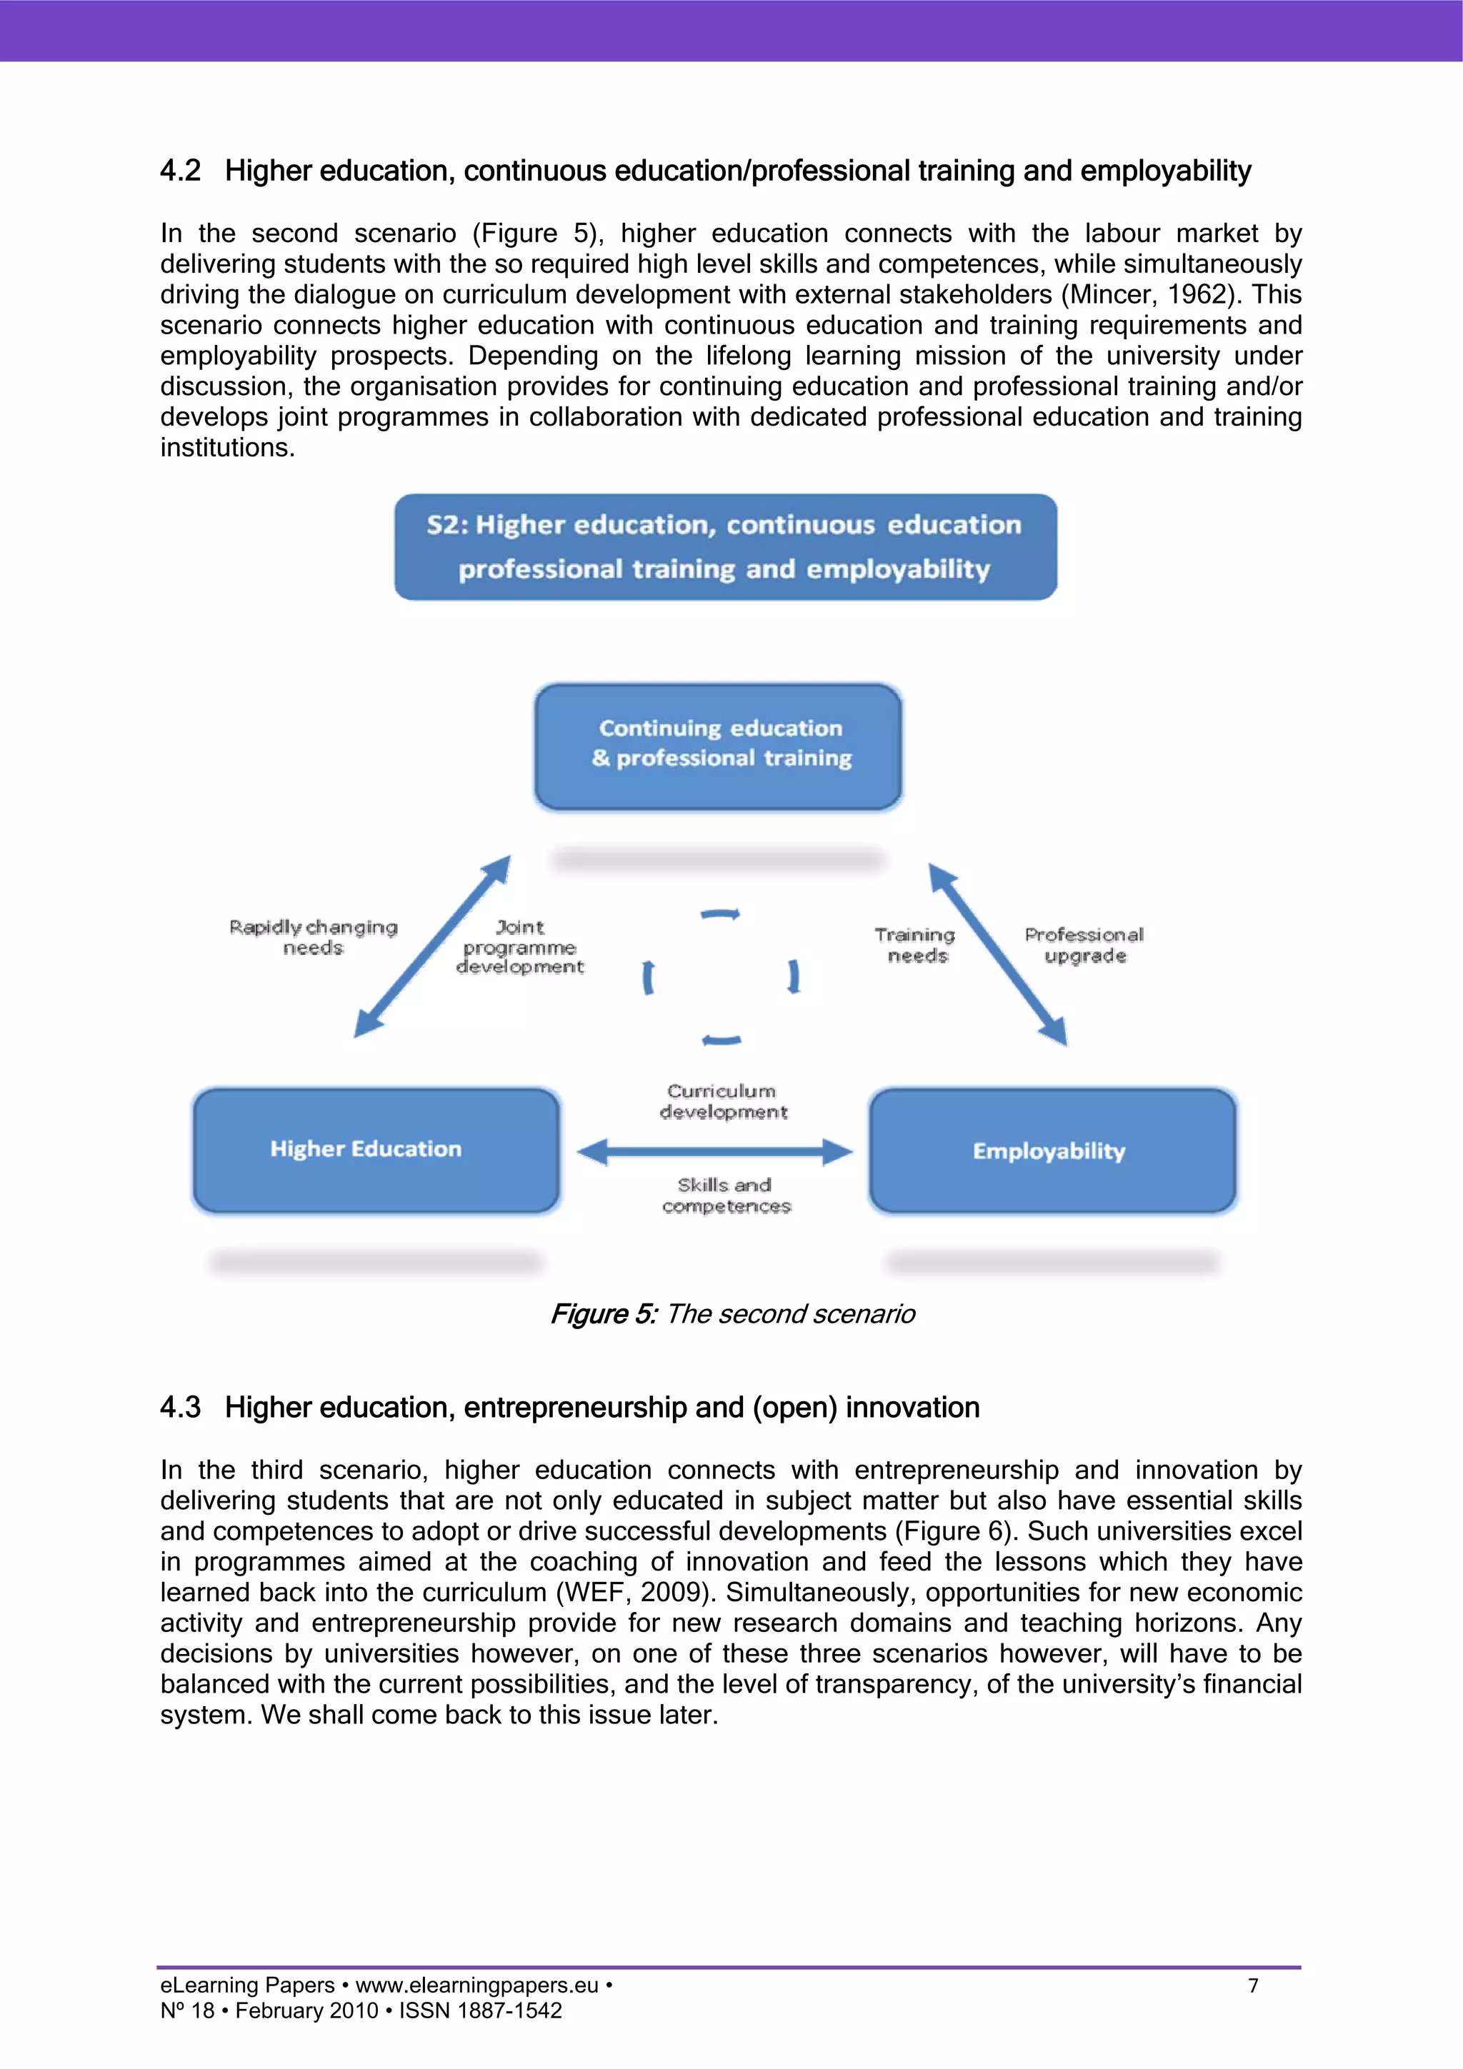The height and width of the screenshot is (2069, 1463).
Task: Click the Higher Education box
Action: pyautogui.click(x=376, y=1150)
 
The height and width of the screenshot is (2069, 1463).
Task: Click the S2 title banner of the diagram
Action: pyautogui.click(x=726, y=547)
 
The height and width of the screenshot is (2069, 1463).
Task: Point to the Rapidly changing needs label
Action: pyautogui.click(x=313, y=937)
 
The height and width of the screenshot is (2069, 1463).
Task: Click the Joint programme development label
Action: pyautogui.click(x=520, y=947)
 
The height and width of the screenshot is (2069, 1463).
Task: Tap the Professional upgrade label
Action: pyautogui.click(x=1084, y=946)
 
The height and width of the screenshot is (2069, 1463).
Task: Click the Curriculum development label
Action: pyautogui.click(x=723, y=1101)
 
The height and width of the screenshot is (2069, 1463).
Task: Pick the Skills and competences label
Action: pyautogui.click(x=726, y=1196)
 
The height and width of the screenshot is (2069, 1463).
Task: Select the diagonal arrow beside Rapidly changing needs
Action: pyautogui.click(x=433, y=946)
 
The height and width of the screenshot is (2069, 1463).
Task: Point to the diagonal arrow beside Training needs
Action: pyautogui.click(x=998, y=954)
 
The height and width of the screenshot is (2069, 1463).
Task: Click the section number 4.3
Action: pyautogui.click(x=180, y=1408)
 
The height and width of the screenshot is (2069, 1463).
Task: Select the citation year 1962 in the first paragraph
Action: pyautogui.click(x=1202, y=295)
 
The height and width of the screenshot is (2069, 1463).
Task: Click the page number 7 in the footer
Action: pyautogui.click(x=1253, y=1985)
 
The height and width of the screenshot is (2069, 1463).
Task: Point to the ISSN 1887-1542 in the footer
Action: pyautogui.click(x=481, y=2010)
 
